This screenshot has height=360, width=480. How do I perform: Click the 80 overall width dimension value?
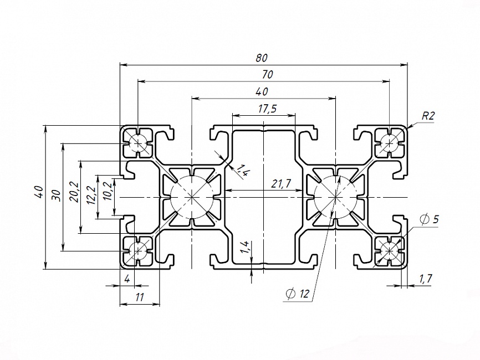[x=262, y=57]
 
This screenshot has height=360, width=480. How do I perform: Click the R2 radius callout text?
[x=428, y=116]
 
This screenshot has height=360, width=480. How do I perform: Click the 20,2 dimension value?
[x=74, y=192]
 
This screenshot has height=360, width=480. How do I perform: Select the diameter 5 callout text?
[x=430, y=219]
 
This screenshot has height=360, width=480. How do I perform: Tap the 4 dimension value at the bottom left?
[x=127, y=279]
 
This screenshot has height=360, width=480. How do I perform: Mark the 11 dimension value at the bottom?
[x=139, y=297]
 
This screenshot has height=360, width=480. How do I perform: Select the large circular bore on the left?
[x=190, y=197]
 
